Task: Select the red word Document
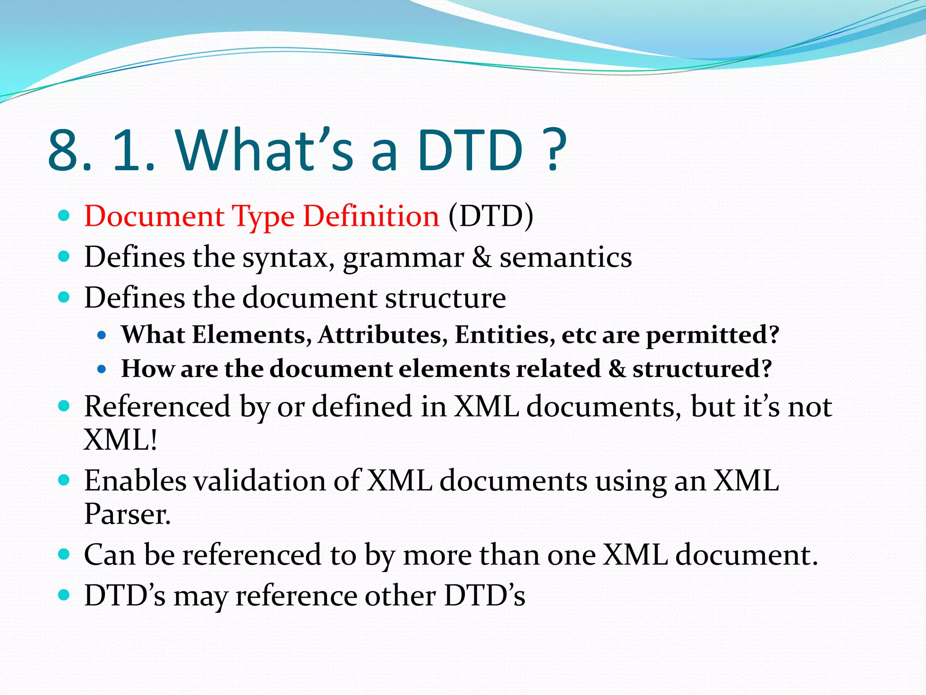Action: coord(154,216)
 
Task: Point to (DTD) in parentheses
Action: coord(491,216)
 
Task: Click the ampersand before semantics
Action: coord(482,257)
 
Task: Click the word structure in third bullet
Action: coord(445,298)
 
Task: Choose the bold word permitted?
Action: coord(713,335)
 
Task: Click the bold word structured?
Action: coord(702,369)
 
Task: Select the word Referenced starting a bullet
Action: coord(157,406)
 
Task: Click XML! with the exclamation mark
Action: coord(121,440)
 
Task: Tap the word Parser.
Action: coord(128,514)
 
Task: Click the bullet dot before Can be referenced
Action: coord(64,554)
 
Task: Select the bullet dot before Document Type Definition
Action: coord(64,215)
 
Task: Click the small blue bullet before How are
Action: coord(102,369)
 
